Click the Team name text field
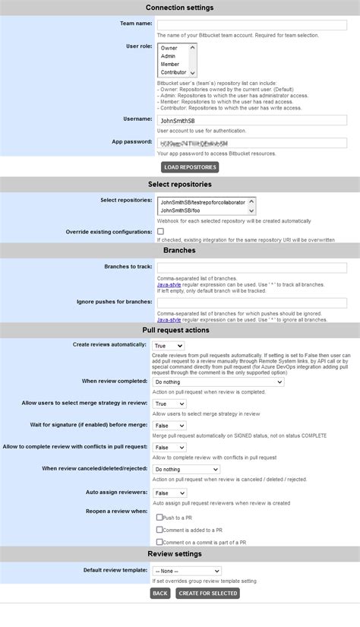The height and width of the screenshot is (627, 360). click(251, 24)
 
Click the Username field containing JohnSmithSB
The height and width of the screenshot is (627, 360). click(251, 120)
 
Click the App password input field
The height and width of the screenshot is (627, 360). click(251, 143)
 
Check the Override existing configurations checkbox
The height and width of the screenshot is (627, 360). click(160, 231)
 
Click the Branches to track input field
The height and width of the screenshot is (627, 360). click(251, 268)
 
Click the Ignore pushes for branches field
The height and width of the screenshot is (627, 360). click(251, 302)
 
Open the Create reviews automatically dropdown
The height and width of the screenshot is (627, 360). click(169, 346)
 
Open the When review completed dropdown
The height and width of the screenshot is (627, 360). click(218, 382)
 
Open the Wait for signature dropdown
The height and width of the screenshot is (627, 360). click(169, 426)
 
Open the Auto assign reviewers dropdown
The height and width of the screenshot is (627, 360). click(169, 493)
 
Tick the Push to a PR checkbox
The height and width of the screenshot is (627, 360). click(159, 518)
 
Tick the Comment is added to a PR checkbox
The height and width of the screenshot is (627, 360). click(159, 530)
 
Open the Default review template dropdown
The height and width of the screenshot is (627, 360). click(186, 571)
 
